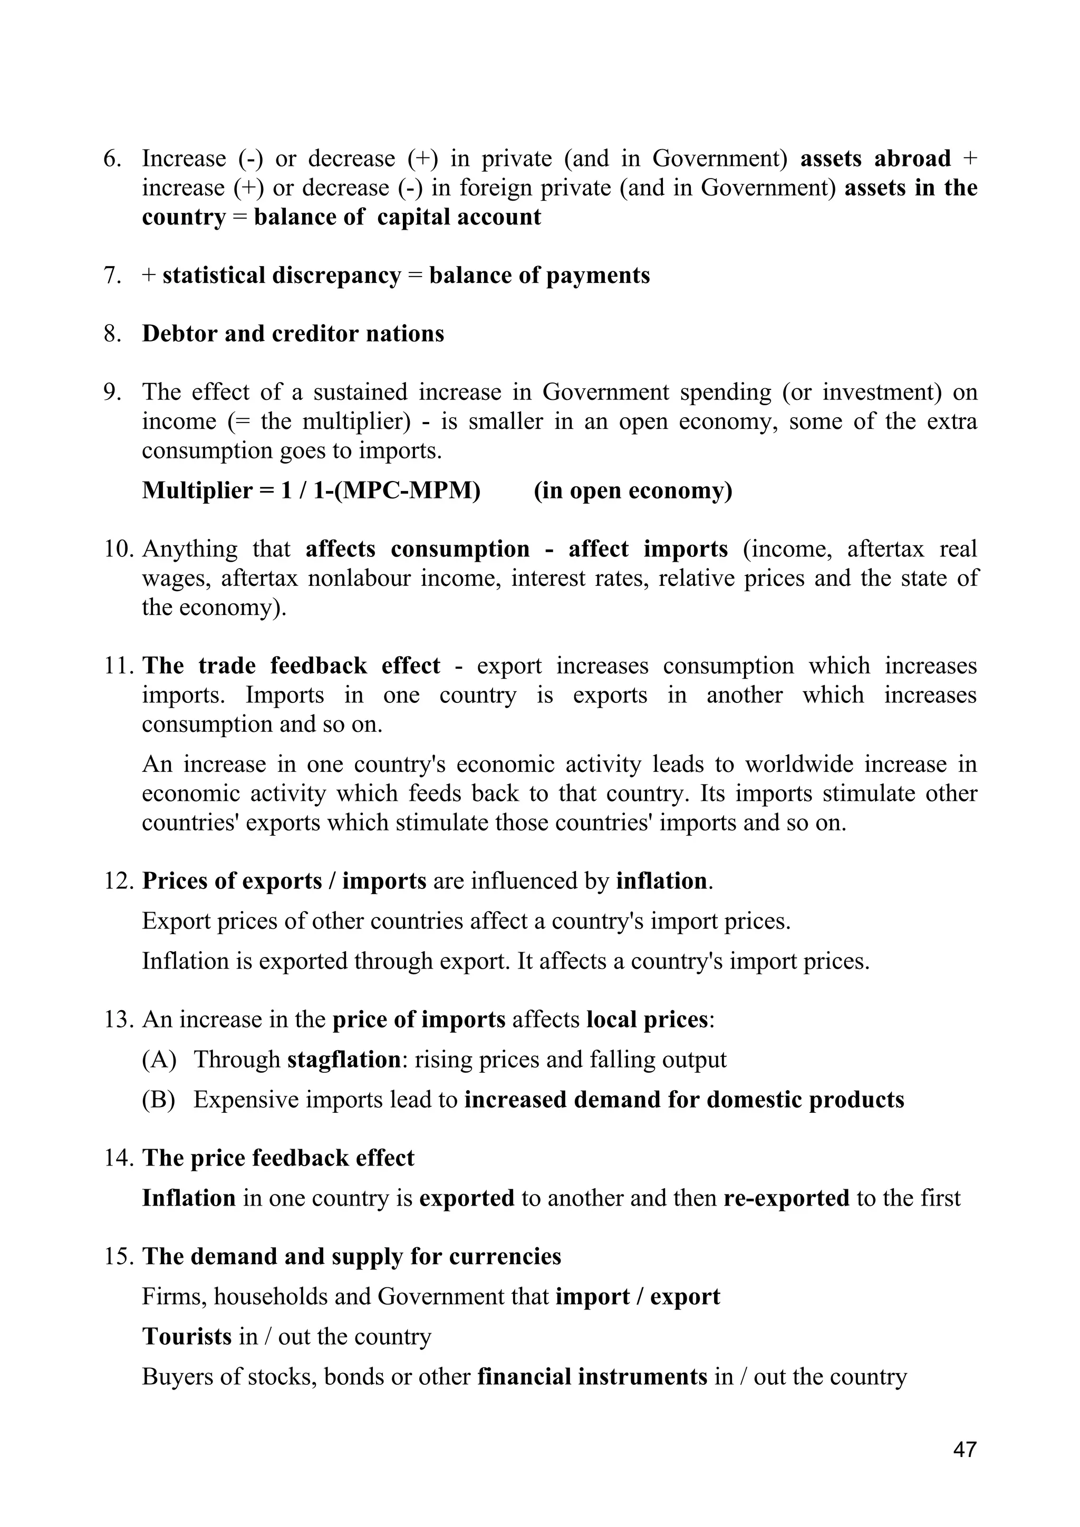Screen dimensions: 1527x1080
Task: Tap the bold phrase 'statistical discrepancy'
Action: click(x=282, y=276)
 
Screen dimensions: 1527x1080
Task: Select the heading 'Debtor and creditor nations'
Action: click(x=293, y=334)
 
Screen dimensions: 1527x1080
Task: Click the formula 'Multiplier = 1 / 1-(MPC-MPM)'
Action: click(x=311, y=491)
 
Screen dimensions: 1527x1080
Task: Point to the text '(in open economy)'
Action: click(x=632, y=491)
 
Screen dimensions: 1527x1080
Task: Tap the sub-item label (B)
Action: click(x=158, y=1099)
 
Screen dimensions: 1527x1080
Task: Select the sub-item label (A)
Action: click(x=158, y=1060)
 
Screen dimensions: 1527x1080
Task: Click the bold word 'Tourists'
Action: click(x=186, y=1336)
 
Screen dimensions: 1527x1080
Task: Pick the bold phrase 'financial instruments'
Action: click(x=592, y=1376)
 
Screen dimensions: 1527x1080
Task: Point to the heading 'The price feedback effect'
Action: click(x=278, y=1158)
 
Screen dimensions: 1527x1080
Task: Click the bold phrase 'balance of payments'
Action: click(x=539, y=276)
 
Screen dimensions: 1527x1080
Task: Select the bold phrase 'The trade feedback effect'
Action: click(x=291, y=665)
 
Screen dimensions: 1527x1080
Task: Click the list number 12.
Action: click(x=119, y=881)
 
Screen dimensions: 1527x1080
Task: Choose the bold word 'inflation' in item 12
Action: click(x=661, y=881)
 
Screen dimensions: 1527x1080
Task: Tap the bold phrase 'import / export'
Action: click(x=638, y=1296)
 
